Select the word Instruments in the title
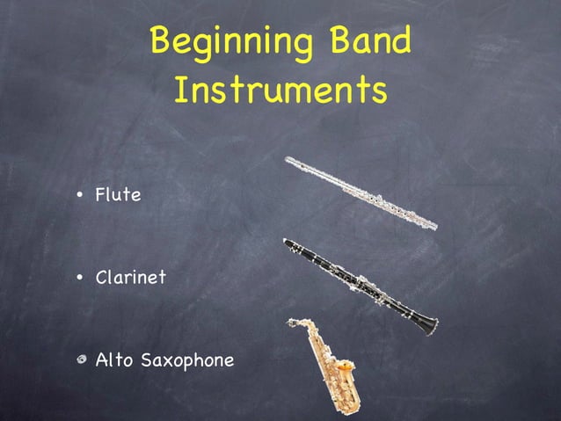[280, 91]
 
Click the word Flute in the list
[118, 194]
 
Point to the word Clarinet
[130, 278]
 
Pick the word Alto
[111, 359]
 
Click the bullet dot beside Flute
[80, 195]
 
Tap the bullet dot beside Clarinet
[80, 279]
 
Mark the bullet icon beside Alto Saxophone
[80, 360]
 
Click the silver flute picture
[361, 192]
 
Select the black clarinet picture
[361, 286]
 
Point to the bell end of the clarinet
[430, 326]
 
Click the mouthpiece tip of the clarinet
[287, 241]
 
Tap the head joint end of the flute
[290, 161]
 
